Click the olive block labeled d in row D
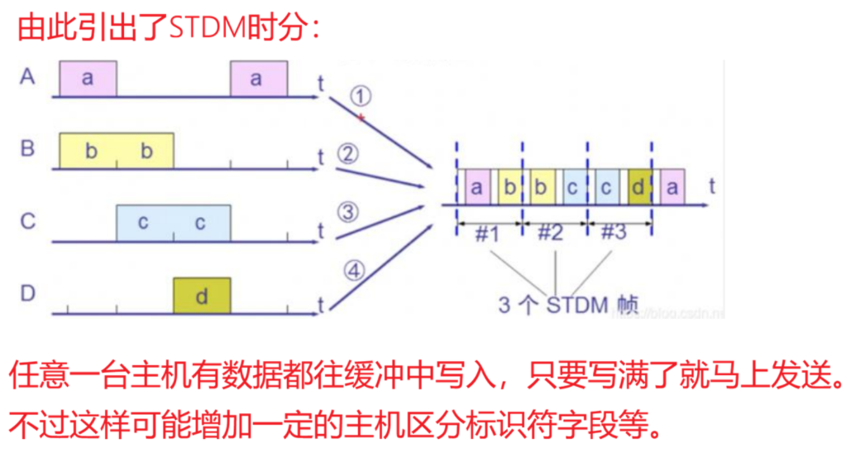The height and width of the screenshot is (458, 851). click(202, 296)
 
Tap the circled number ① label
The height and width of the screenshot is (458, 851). click(361, 97)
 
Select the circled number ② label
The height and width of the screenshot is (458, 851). click(348, 154)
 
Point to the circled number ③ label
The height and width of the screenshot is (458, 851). click(348, 213)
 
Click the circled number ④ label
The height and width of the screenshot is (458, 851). click(354, 271)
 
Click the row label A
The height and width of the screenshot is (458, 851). click(28, 77)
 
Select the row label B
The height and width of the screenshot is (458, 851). click(28, 149)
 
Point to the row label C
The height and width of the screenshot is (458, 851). click(28, 222)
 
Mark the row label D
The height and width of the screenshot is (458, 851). click(28, 293)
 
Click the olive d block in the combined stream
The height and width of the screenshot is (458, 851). click(638, 187)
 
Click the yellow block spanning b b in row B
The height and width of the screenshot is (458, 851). click(117, 151)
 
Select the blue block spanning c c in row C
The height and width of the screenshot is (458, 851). click(173, 223)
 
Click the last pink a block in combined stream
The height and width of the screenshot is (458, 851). click(672, 187)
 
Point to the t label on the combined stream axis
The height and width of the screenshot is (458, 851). click(711, 187)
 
